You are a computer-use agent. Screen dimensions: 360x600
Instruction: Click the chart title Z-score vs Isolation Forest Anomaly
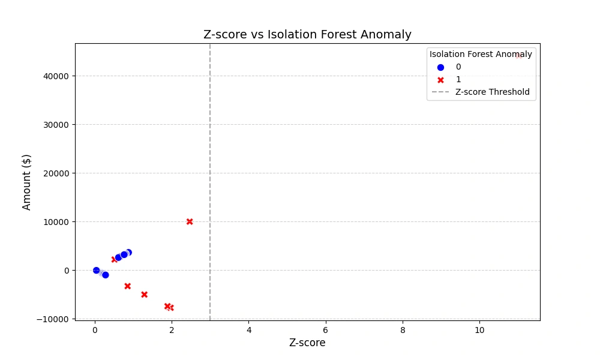tap(307, 34)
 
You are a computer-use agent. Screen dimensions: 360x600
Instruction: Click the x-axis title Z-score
tap(307, 343)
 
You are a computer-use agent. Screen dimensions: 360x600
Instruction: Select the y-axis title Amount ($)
tap(27, 182)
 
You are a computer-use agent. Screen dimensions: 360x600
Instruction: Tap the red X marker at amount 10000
tap(190, 221)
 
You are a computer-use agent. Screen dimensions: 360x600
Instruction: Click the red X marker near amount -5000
tap(144, 295)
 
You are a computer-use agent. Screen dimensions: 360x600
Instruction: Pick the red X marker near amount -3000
tap(127, 286)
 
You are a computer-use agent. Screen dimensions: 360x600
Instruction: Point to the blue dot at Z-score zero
tap(96, 271)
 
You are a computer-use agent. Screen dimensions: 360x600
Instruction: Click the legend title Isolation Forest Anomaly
tap(481, 54)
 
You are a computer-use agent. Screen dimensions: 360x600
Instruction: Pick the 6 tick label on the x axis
tap(326, 330)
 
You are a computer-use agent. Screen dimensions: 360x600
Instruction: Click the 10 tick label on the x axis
tap(479, 330)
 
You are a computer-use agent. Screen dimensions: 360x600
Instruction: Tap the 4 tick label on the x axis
tap(248, 330)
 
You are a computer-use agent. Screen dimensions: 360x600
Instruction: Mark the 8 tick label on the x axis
tap(403, 330)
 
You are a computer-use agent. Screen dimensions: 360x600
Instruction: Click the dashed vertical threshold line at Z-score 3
tap(210, 180)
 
